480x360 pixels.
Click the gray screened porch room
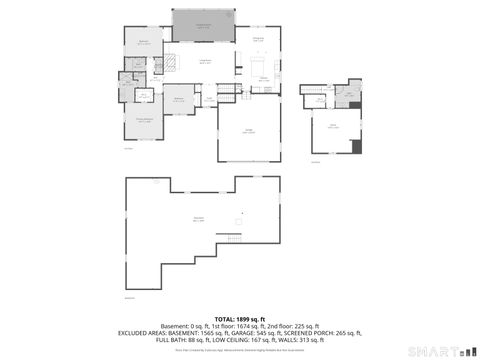click(x=204, y=23)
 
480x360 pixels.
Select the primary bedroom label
click(x=144, y=122)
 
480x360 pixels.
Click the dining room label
click(x=258, y=38)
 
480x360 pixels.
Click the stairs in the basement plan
click(x=235, y=237)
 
